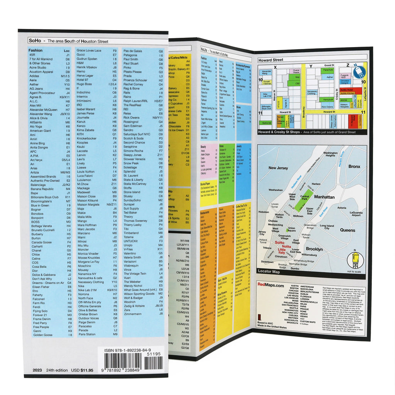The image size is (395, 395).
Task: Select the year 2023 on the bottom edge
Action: click(x=37, y=370)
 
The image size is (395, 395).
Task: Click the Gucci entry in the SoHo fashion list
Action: click(x=81, y=55)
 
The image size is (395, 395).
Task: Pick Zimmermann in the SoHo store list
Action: click(x=133, y=314)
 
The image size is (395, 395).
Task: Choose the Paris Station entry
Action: click(x=87, y=334)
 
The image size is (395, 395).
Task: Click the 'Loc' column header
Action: click(x=67, y=51)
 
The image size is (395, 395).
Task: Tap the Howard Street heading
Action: click(x=270, y=60)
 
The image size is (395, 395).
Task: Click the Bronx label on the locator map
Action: click(x=354, y=167)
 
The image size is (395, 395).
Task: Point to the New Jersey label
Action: click(x=279, y=168)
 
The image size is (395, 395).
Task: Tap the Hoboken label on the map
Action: click(x=264, y=212)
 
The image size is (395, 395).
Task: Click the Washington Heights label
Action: click(x=330, y=154)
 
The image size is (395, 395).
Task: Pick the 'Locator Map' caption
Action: click(x=269, y=272)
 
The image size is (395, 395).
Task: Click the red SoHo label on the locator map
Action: click(x=280, y=243)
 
